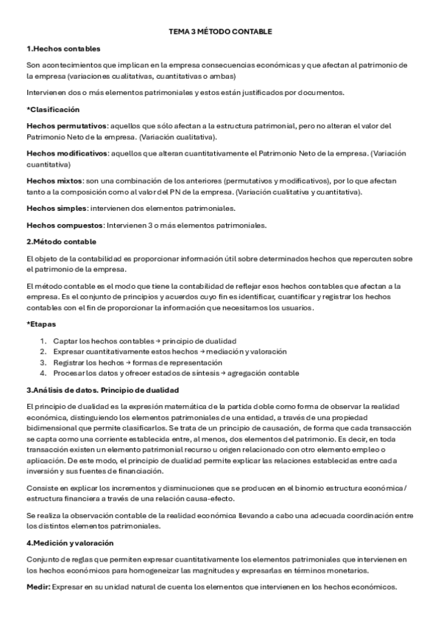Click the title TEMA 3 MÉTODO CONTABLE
(220, 32)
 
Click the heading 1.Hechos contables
(63, 49)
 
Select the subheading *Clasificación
(52, 109)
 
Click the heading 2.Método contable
(61, 242)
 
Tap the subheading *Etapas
(41, 324)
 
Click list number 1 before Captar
(43, 341)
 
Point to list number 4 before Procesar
(43, 373)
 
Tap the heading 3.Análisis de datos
(102, 390)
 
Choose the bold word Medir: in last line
(38, 587)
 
